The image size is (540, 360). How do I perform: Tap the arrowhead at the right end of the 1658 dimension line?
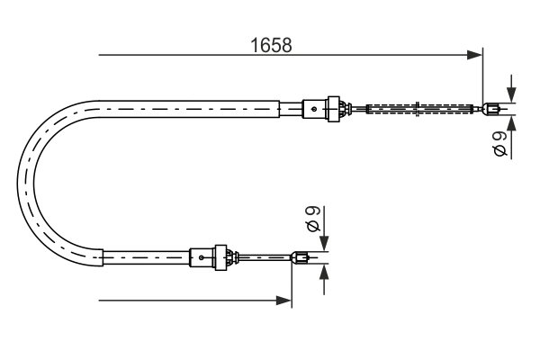tap(477, 56)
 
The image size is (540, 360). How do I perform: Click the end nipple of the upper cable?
tap(490, 111)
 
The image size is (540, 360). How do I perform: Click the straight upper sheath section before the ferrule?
tap(198, 109)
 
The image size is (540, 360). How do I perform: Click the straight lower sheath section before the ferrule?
tap(144, 258)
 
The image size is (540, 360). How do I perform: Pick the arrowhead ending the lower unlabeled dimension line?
tap(285, 300)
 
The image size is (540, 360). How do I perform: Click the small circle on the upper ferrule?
tap(313, 109)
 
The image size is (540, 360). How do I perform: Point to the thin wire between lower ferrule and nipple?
tap(265, 259)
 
